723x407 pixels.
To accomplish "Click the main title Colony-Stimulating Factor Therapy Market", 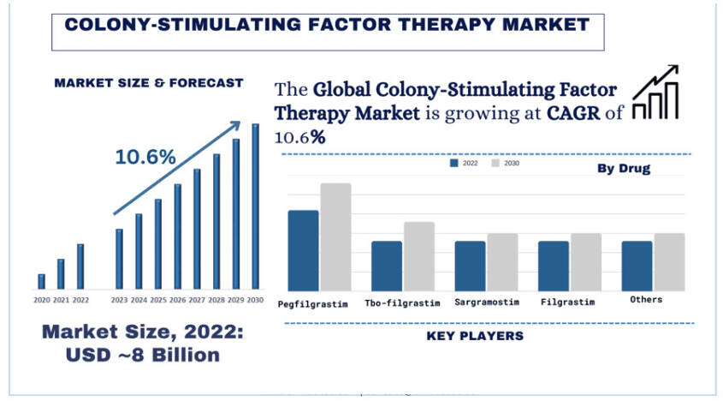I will [x=328, y=25].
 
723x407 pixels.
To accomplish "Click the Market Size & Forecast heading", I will [x=148, y=83].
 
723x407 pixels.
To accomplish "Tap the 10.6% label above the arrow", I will [x=145, y=157].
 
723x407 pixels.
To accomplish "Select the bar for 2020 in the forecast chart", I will [x=41, y=281].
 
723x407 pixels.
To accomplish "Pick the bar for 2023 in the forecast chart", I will [x=119, y=259].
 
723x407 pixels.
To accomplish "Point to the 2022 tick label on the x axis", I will [x=80, y=300].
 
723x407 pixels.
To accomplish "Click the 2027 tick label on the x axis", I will [x=197, y=300].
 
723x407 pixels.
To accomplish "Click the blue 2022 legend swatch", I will [x=454, y=163].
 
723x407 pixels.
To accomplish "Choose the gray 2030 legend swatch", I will [x=495, y=163].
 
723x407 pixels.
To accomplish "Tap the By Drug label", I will [x=624, y=169].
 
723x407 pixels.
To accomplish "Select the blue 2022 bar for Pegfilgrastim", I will [x=303, y=250].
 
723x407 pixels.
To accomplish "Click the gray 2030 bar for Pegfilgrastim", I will [x=335, y=236].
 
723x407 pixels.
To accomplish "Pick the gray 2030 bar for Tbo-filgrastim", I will [x=419, y=256].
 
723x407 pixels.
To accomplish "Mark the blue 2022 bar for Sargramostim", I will [x=470, y=266].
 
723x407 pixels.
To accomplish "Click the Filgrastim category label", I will [x=569, y=302].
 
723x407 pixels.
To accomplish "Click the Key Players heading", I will [x=475, y=336].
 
